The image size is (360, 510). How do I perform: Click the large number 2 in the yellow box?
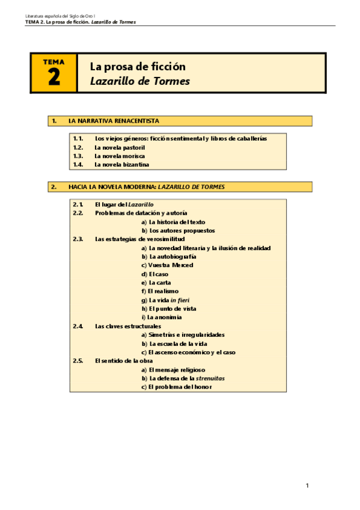(54, 77)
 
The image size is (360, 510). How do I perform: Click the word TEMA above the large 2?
(54, 61)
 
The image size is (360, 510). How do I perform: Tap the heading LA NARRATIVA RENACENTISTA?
(114, 121)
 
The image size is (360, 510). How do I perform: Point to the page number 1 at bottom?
(307, 485)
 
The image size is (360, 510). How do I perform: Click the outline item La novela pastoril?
(120, 147)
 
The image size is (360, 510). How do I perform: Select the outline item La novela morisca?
(120, 156)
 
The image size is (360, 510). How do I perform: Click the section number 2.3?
(78, 239)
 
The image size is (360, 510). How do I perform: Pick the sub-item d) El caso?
(158, 274)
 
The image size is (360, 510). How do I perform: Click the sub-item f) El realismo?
(162, 291)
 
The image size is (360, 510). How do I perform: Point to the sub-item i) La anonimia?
(162, 317)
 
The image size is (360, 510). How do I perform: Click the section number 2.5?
(78, 360)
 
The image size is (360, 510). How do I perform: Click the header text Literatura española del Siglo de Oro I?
(59, 14)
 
